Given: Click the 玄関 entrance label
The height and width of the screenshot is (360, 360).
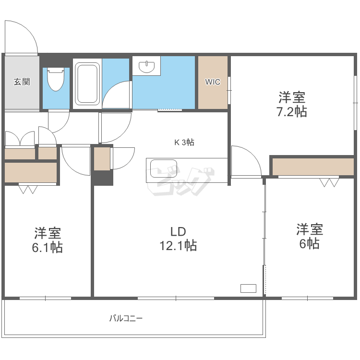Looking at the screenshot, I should pyautogui.click(x=22, y=82).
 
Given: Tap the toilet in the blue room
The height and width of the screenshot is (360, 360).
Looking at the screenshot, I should pyautogui.click(x=56, y=80).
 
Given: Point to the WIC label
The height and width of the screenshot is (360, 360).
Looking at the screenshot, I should pyautogui.click(x=213, y=82).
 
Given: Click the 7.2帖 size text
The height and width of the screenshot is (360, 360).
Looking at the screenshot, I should pyautogui.click(x=292, y=112).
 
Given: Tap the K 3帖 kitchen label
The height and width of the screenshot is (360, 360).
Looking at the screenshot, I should pyautogui.click(x=184, y=142).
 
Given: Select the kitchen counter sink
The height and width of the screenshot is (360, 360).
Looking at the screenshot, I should pyautogui.click(x=161, y=169).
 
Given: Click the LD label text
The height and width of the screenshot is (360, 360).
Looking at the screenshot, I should pyautogui.click(x=178, y=231).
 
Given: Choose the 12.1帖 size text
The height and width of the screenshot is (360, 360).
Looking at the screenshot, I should pyautogui.click(x=178, y=246).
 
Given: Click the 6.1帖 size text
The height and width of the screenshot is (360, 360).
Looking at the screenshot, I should pyautogui.click(x=47, y=248).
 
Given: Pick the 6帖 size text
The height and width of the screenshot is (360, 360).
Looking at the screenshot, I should pyautogui.click(x=309, y=243).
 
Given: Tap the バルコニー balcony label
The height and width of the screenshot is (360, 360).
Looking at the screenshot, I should pyautogui.click(x=126, y=318).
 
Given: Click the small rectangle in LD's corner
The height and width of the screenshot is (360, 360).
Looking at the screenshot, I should pyautogui.click(x=248, y=288).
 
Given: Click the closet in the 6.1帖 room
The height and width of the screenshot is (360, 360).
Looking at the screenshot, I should pyautogui.click(x=31, y=173).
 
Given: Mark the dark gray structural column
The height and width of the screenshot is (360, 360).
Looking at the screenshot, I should pyautogui.click(x=103, y=178).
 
